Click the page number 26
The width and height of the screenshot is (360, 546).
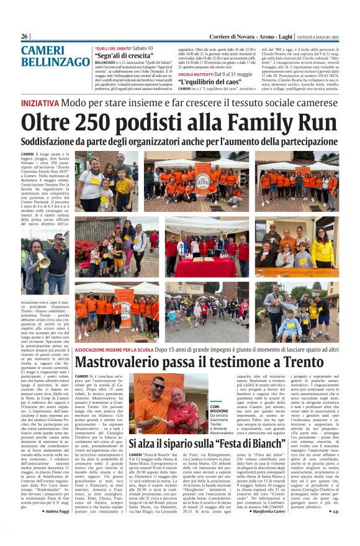coord(25,37)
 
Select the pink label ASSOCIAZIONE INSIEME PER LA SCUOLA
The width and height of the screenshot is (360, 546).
coord(114,350)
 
